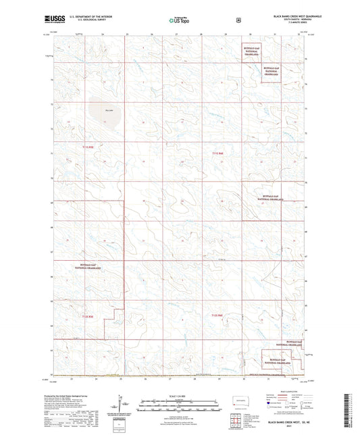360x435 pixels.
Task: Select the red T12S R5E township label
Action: click(88, 315)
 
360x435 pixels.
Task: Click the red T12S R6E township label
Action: click(216, 315)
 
